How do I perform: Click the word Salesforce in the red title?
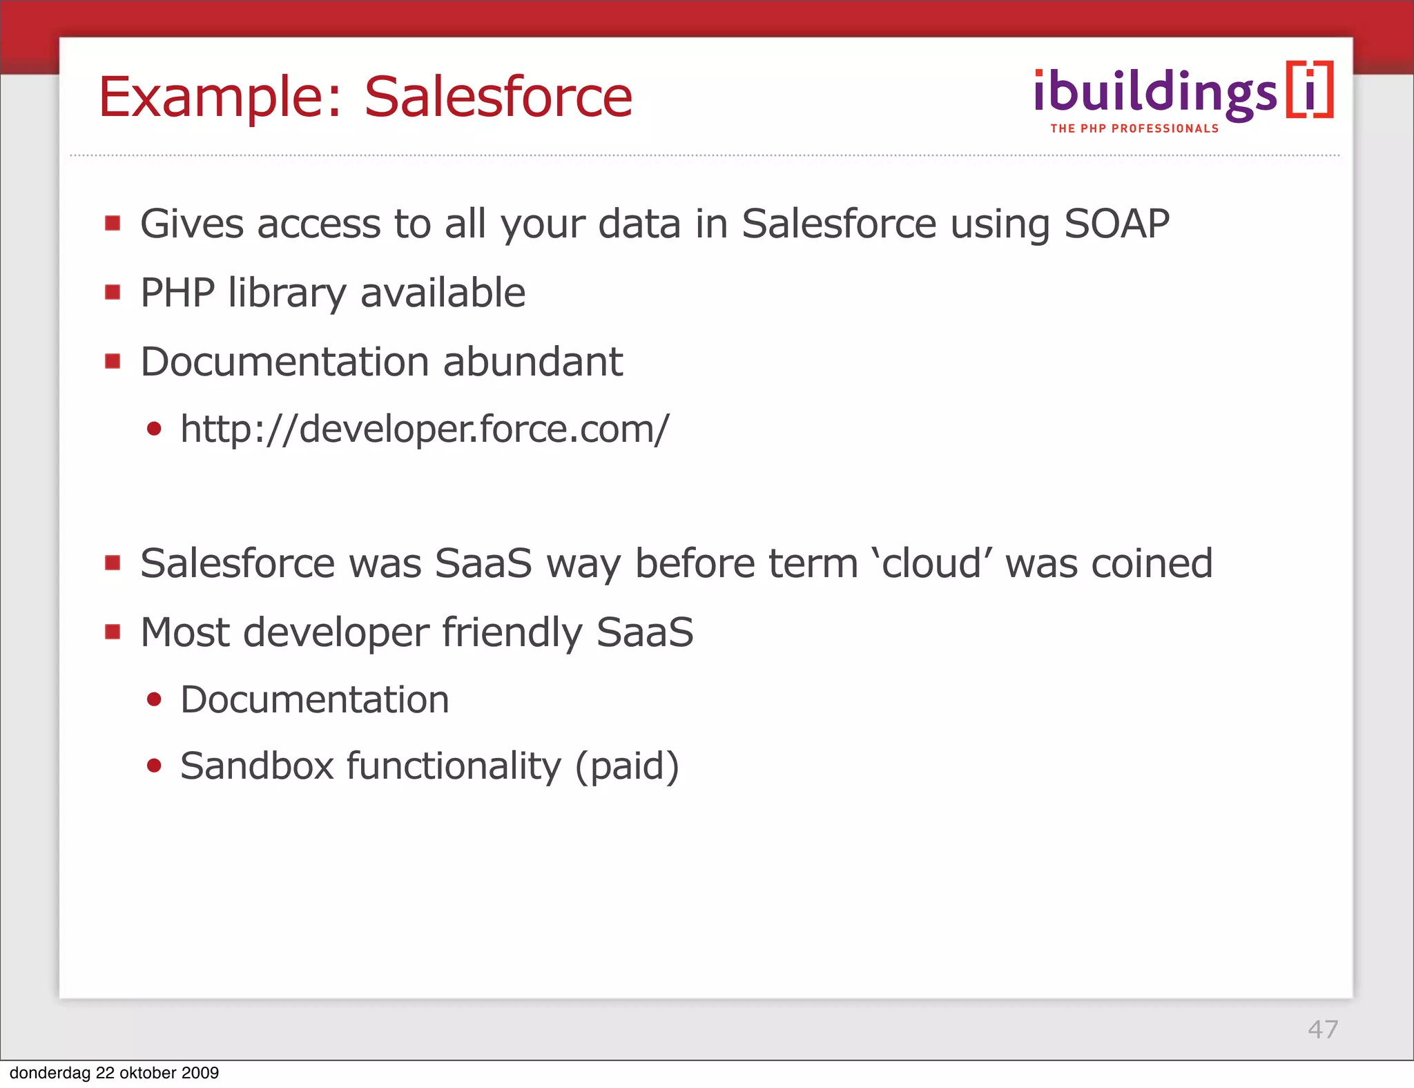pyautogui.click(x=498, y=97)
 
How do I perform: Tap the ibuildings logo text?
pyautogui.click(x=1155, y=93)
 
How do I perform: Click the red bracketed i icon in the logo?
pyautogui.click(x=1309, y=90)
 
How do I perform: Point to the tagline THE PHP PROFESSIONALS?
pyautogui.click(x=1134, y=129)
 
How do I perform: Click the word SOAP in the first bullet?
pyautogui.click(x=1116, y=224)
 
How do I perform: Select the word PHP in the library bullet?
pyautogui.click(x=177, y=293)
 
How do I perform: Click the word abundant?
pyautogui.click(x=532, y=362)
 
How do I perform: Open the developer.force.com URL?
pyautogui.click(x=424, y=429)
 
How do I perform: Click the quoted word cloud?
pyautogui.click(x=932, y=563)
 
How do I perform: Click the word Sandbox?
pyautogui.click(x=257, y=766)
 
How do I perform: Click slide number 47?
pyautogui.click(x=1322, y=1029)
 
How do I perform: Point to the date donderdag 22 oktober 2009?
pyautogui.click(x=114, y=1073)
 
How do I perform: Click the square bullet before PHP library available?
pyautogui.click(x=113, y=293)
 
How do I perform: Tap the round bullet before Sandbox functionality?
pyautogui.click(x=154, y=766)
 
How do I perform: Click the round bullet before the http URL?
pyautogui.click(x=154, y=429)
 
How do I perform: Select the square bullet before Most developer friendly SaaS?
pyautogui.click(x=113, y=632)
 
